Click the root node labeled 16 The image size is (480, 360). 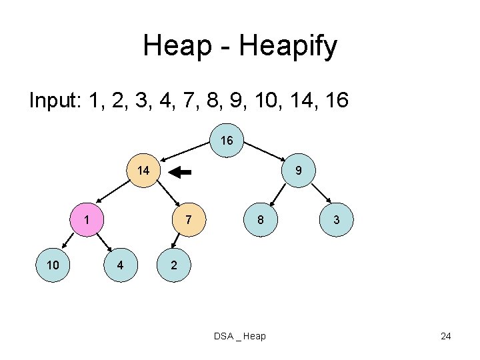tap(227, 141)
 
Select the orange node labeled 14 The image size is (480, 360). tap(143, 171)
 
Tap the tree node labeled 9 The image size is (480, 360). tap(299, 171)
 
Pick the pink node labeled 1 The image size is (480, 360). tap(87, 220)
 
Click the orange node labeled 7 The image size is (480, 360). tap(189, 220)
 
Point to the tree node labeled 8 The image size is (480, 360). tap(260, 220)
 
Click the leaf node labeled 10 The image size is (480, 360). tap(53, 265)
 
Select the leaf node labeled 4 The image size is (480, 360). tap(120, 265)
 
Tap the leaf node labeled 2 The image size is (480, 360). tap(173, 265)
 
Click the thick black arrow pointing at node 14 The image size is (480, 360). tap(180, 172)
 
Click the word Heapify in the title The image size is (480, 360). tap(291, 47)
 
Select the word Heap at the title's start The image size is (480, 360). tap(171, 47)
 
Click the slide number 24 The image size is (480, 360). tap(446, 336)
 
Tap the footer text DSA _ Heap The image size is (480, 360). tap(240, 336)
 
